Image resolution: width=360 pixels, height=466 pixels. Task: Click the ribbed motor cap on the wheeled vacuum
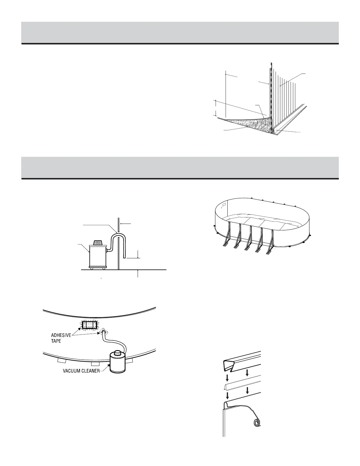(98, 243)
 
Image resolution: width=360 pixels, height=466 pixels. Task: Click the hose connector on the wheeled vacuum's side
(108, 250)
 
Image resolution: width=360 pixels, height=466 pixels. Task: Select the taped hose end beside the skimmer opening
(104, 333)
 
